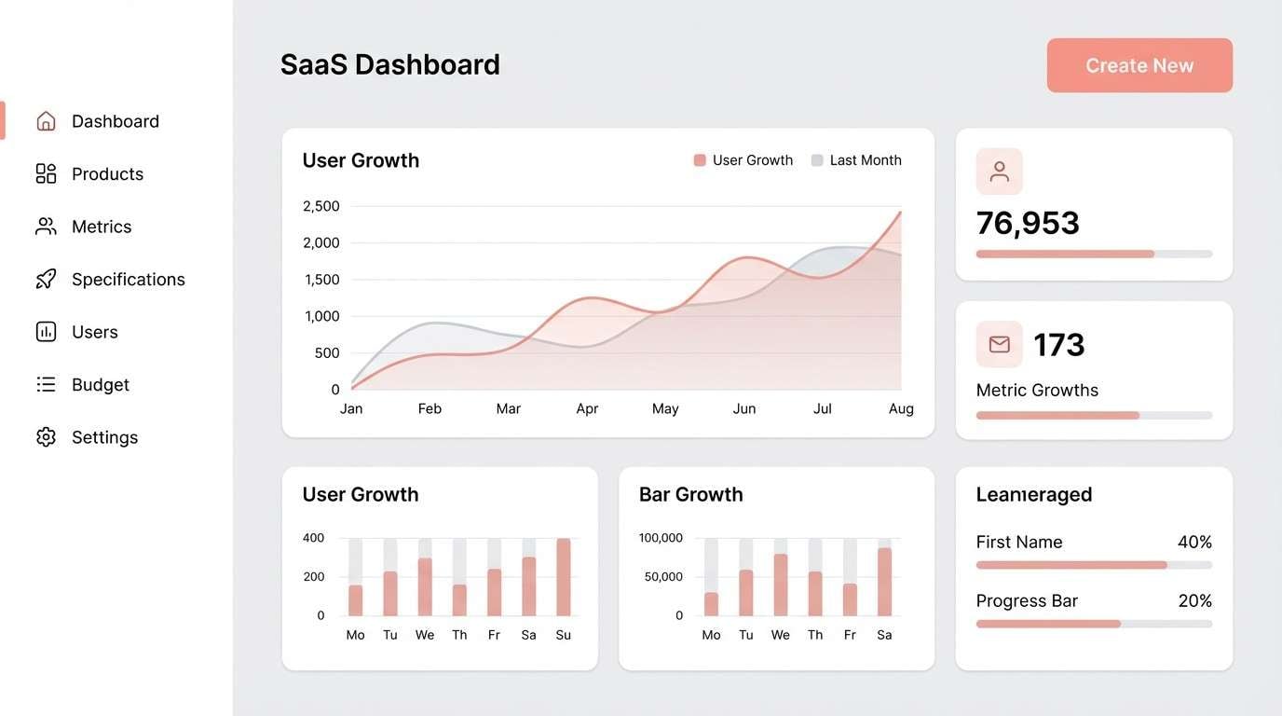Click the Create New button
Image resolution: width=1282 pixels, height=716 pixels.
coord(1139,65)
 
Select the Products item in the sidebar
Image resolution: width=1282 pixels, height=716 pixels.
coord(107,174)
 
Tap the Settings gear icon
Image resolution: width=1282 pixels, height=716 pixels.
coord(46,437)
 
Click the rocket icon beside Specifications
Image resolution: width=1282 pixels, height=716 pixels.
coord(46,280)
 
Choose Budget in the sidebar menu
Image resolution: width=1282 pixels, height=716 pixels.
coord(100,385)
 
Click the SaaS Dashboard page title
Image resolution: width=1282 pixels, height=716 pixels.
coord(389,64)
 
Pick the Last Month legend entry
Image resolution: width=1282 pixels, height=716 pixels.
coord(856,160)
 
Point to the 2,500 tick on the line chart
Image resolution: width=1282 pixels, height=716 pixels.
coord(321,206)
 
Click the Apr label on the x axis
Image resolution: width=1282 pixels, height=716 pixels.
coord(587,408)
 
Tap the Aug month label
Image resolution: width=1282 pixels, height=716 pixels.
coord(901,408)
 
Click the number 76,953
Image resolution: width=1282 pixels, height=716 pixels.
coord(1027,223)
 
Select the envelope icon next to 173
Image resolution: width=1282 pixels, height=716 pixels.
coord(999,344)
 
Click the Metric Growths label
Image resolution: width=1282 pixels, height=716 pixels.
coord(1036,391)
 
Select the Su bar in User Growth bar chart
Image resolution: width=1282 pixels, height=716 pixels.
coord(563,577)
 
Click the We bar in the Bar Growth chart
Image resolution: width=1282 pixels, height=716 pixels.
coord(780,585)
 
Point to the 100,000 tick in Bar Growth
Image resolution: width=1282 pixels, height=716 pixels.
coord(661,538)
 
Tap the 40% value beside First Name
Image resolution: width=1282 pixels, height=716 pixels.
coord(1194,543)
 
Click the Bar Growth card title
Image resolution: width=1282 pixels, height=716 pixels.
coord(690,495)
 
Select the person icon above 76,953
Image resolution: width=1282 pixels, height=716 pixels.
coord(999,172)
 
